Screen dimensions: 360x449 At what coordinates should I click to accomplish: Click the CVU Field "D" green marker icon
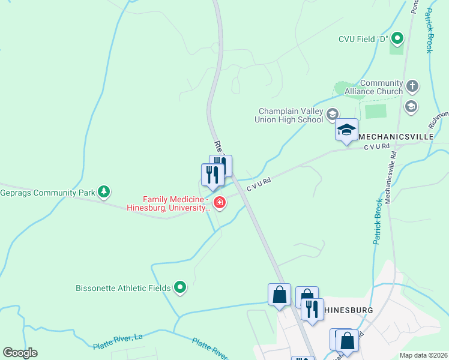[397, 40]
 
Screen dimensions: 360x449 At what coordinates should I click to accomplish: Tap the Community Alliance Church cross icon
[412, 86]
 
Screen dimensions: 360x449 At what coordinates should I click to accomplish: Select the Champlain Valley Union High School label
[291, 115]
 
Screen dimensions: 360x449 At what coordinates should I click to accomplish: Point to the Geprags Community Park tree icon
[105, 192]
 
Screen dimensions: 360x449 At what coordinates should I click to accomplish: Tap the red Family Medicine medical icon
[220, 203]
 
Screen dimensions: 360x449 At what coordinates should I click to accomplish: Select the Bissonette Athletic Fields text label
[123, 288]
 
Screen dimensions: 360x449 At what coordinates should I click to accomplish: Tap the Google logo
[20, 353]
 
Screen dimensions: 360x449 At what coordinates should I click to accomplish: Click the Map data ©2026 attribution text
[423, 355]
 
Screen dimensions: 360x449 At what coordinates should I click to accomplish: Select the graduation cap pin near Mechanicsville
[346, 130]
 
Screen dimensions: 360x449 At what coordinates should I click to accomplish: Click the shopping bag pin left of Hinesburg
[279, 295]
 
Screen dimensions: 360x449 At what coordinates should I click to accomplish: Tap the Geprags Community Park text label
[48, 193]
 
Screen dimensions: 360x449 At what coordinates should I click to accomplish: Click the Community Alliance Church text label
[381, 87]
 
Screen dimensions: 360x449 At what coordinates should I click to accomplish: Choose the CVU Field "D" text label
[362, 40]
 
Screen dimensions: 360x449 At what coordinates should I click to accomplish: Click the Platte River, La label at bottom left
[117, 342]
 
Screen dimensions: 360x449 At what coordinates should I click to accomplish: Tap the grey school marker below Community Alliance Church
[411, 107]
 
